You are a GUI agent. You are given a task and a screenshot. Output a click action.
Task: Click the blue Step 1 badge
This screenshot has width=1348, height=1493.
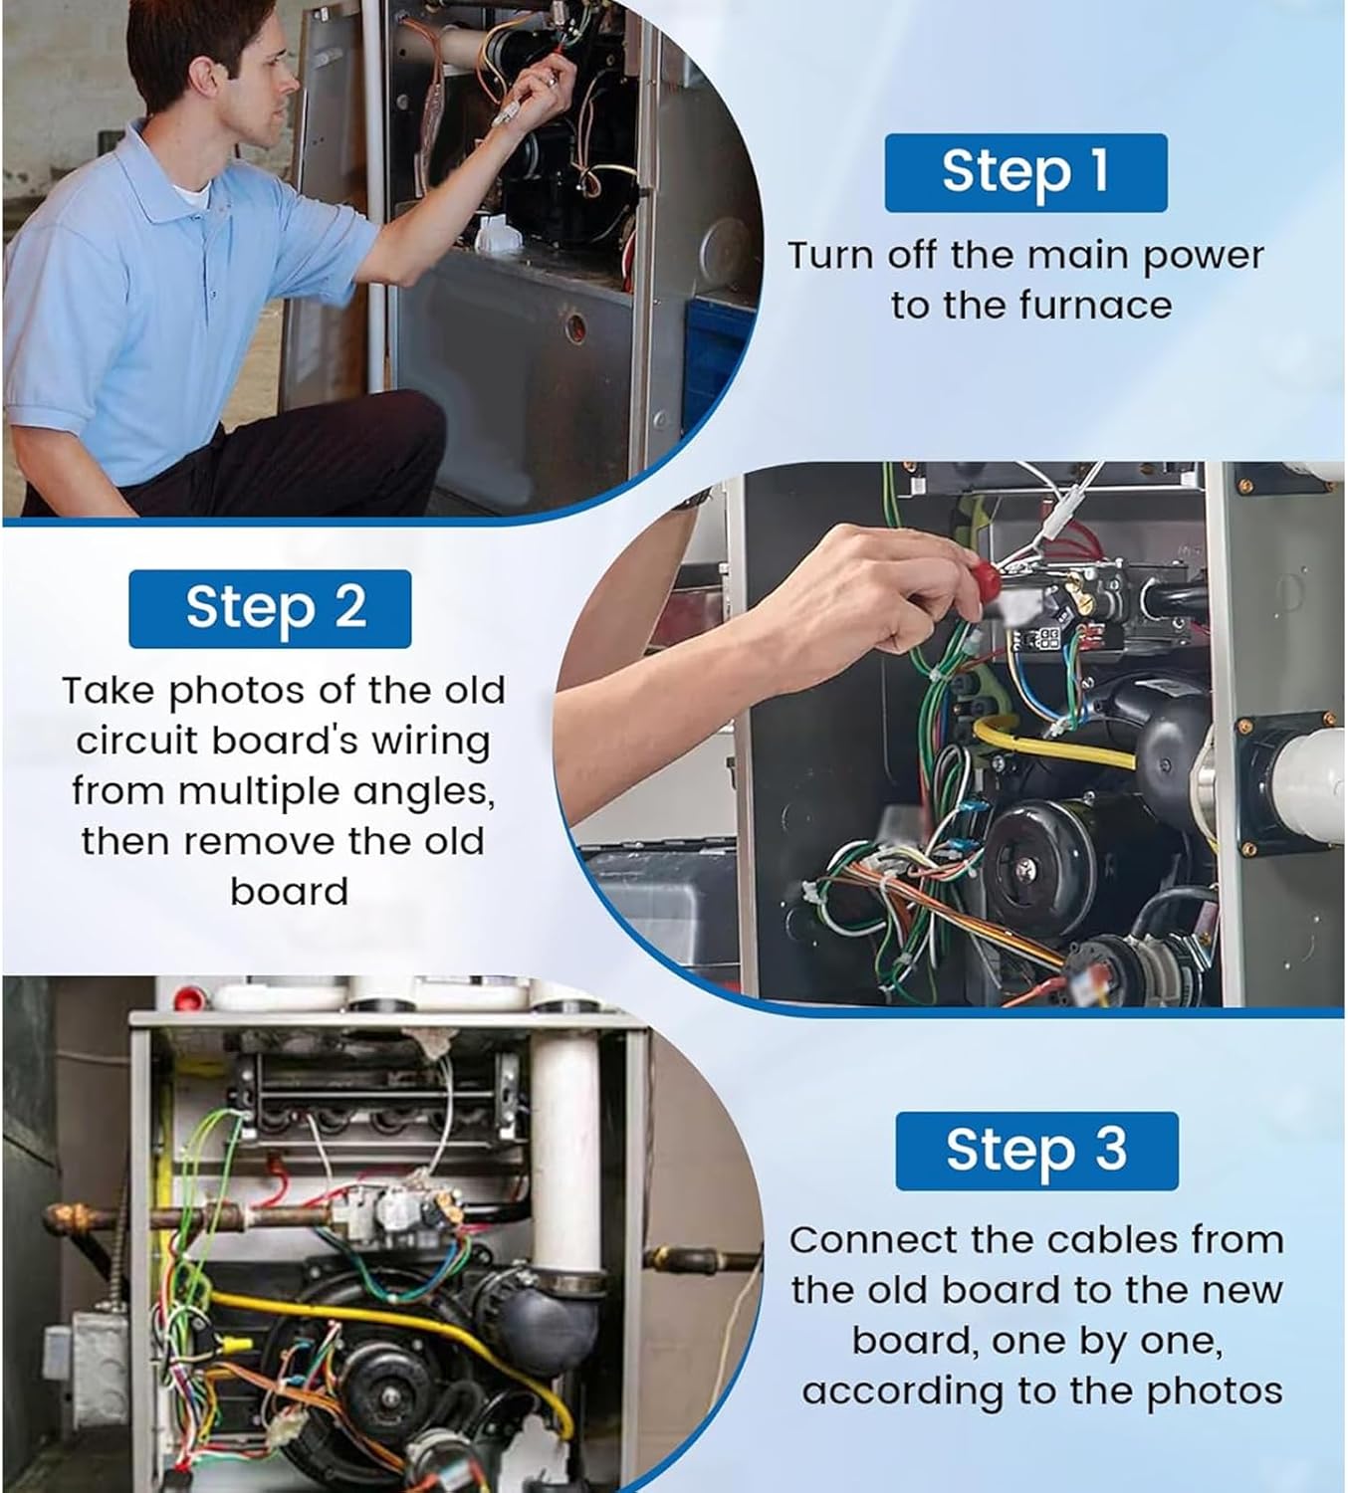coord(1025,172)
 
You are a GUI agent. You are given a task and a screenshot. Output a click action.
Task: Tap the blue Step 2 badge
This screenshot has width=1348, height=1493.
coord(270,608)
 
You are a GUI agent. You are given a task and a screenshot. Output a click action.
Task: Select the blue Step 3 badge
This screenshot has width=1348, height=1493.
coord(1036,1151)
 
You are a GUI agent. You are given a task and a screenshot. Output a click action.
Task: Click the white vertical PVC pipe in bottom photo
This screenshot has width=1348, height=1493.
coord(565,1139)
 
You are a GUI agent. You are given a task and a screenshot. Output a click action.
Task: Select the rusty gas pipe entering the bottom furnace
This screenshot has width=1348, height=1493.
coord(186,1217)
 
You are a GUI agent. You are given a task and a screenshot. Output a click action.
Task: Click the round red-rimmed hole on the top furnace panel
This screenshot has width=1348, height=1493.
coord(575,326)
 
